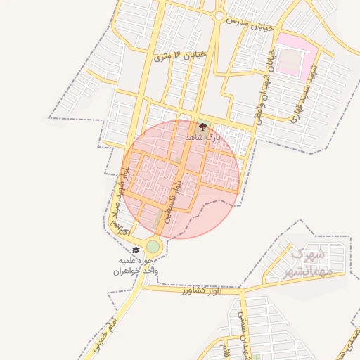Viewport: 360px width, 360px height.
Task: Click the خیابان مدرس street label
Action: click(247, 24)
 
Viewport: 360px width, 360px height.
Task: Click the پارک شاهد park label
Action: click(203, 139)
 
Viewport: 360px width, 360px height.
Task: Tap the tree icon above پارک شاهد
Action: click(203, 127)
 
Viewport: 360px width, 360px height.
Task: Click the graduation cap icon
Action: click(136, 250)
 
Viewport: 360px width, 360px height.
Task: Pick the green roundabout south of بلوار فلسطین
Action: click(153, 247)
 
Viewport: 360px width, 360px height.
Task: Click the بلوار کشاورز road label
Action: click(200, 289)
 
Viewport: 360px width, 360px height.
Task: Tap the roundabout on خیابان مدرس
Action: click(219, 15)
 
